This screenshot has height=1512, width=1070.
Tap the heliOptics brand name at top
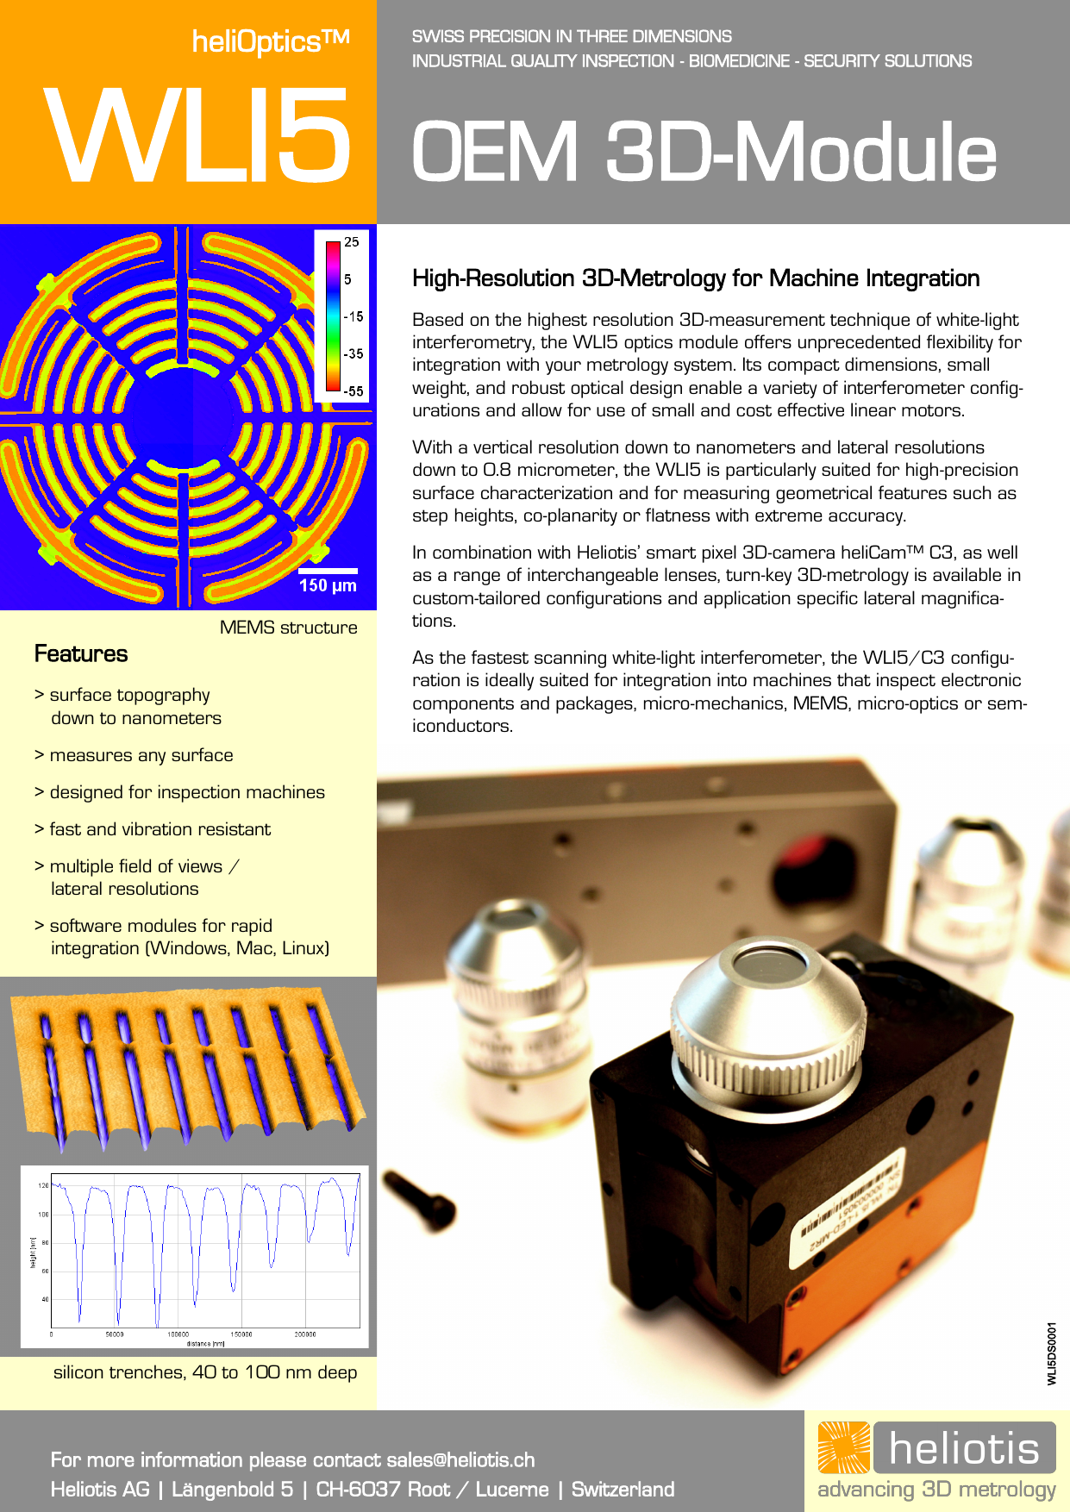pos(270,41)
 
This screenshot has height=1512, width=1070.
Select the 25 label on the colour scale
pos(352,242)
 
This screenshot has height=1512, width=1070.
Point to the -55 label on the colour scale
pos(354,391)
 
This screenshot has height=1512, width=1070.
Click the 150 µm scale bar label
pos(328,585)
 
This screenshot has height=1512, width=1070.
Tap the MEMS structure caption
pos(288,628)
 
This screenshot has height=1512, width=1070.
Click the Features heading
pos(81,654)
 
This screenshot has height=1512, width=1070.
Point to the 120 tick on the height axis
pos(43,1185)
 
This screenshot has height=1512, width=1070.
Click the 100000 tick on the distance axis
pos(178,1334)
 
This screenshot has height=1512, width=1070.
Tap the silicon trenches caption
pos(205,1372)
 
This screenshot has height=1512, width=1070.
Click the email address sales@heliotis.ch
pos(460,1459)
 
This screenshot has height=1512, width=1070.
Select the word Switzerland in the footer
pos(623,1489)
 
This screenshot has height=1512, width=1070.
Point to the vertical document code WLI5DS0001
pos(1051,1353)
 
